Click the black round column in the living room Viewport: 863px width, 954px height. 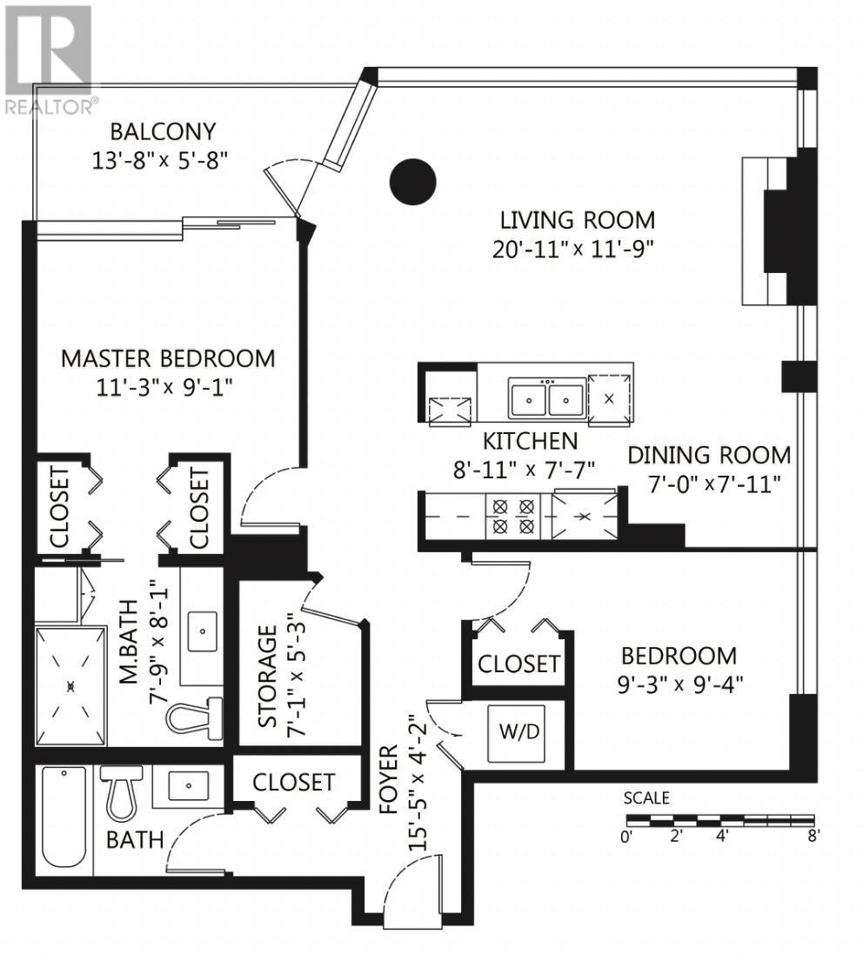[x=412, y=181]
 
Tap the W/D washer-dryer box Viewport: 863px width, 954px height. [x=517, y=733]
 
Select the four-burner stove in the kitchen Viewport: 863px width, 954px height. [x=513, y=516]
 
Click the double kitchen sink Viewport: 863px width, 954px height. [x=548, y=398]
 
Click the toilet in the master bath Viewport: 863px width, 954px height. [x=194, y=718]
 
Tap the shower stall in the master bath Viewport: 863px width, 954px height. [x=70, y=686]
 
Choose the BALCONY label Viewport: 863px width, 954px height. [x=163, y=131]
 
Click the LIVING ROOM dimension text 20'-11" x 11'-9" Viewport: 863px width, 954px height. [x=572, y=250]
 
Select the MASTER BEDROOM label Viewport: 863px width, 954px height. [x=168, y=358]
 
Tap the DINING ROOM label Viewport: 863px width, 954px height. [x=709, y=455]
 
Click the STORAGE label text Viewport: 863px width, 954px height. [x=267, y=677]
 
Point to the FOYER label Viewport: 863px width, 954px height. [x=388, y=779]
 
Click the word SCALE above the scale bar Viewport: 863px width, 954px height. [x=646, y=797]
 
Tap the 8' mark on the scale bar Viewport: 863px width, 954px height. [x=813, y=836]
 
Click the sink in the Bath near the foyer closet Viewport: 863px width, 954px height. [x=189, y=785]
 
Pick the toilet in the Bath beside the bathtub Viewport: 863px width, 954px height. [x=121, y=793]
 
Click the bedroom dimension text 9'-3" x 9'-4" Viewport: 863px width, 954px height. [x=680, y=685]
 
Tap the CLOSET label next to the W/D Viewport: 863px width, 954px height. [x=518, y=664]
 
